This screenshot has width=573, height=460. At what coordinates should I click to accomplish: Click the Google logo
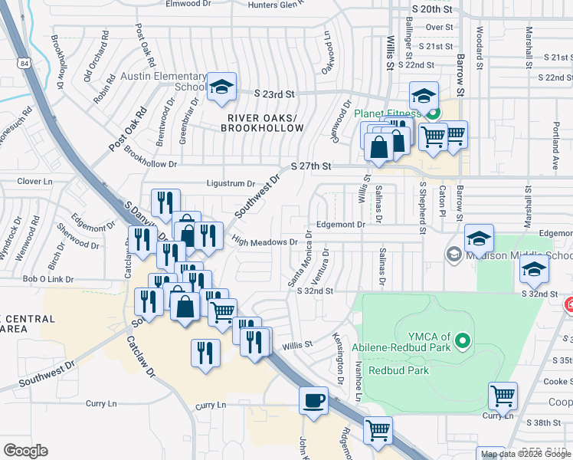pos(26,451)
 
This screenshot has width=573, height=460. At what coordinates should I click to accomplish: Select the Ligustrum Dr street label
pos(230,183)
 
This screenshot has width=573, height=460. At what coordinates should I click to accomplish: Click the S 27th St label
pos(311,166)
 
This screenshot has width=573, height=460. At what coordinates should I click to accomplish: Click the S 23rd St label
pos(274,93)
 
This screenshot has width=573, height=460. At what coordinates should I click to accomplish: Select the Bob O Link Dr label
pos(47,279)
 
